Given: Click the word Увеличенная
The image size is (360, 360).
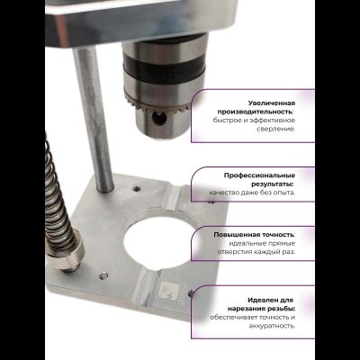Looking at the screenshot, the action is coord(272,103).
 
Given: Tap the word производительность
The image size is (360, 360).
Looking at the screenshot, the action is coord(256,112).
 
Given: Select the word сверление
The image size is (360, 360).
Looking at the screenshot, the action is coord(276,129).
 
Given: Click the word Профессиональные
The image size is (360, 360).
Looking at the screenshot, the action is coord(259,175).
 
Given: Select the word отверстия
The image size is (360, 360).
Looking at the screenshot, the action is coord(235,252).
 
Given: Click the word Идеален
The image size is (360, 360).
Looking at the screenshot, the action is coord(262,300).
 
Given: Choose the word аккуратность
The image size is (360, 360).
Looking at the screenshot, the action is coord(272,326).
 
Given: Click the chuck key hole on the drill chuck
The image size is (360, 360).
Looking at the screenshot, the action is coord(159,119).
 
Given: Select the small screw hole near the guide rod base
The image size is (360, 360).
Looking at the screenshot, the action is coord(137,189).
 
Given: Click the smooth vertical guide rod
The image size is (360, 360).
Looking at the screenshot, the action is coord(93,119).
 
